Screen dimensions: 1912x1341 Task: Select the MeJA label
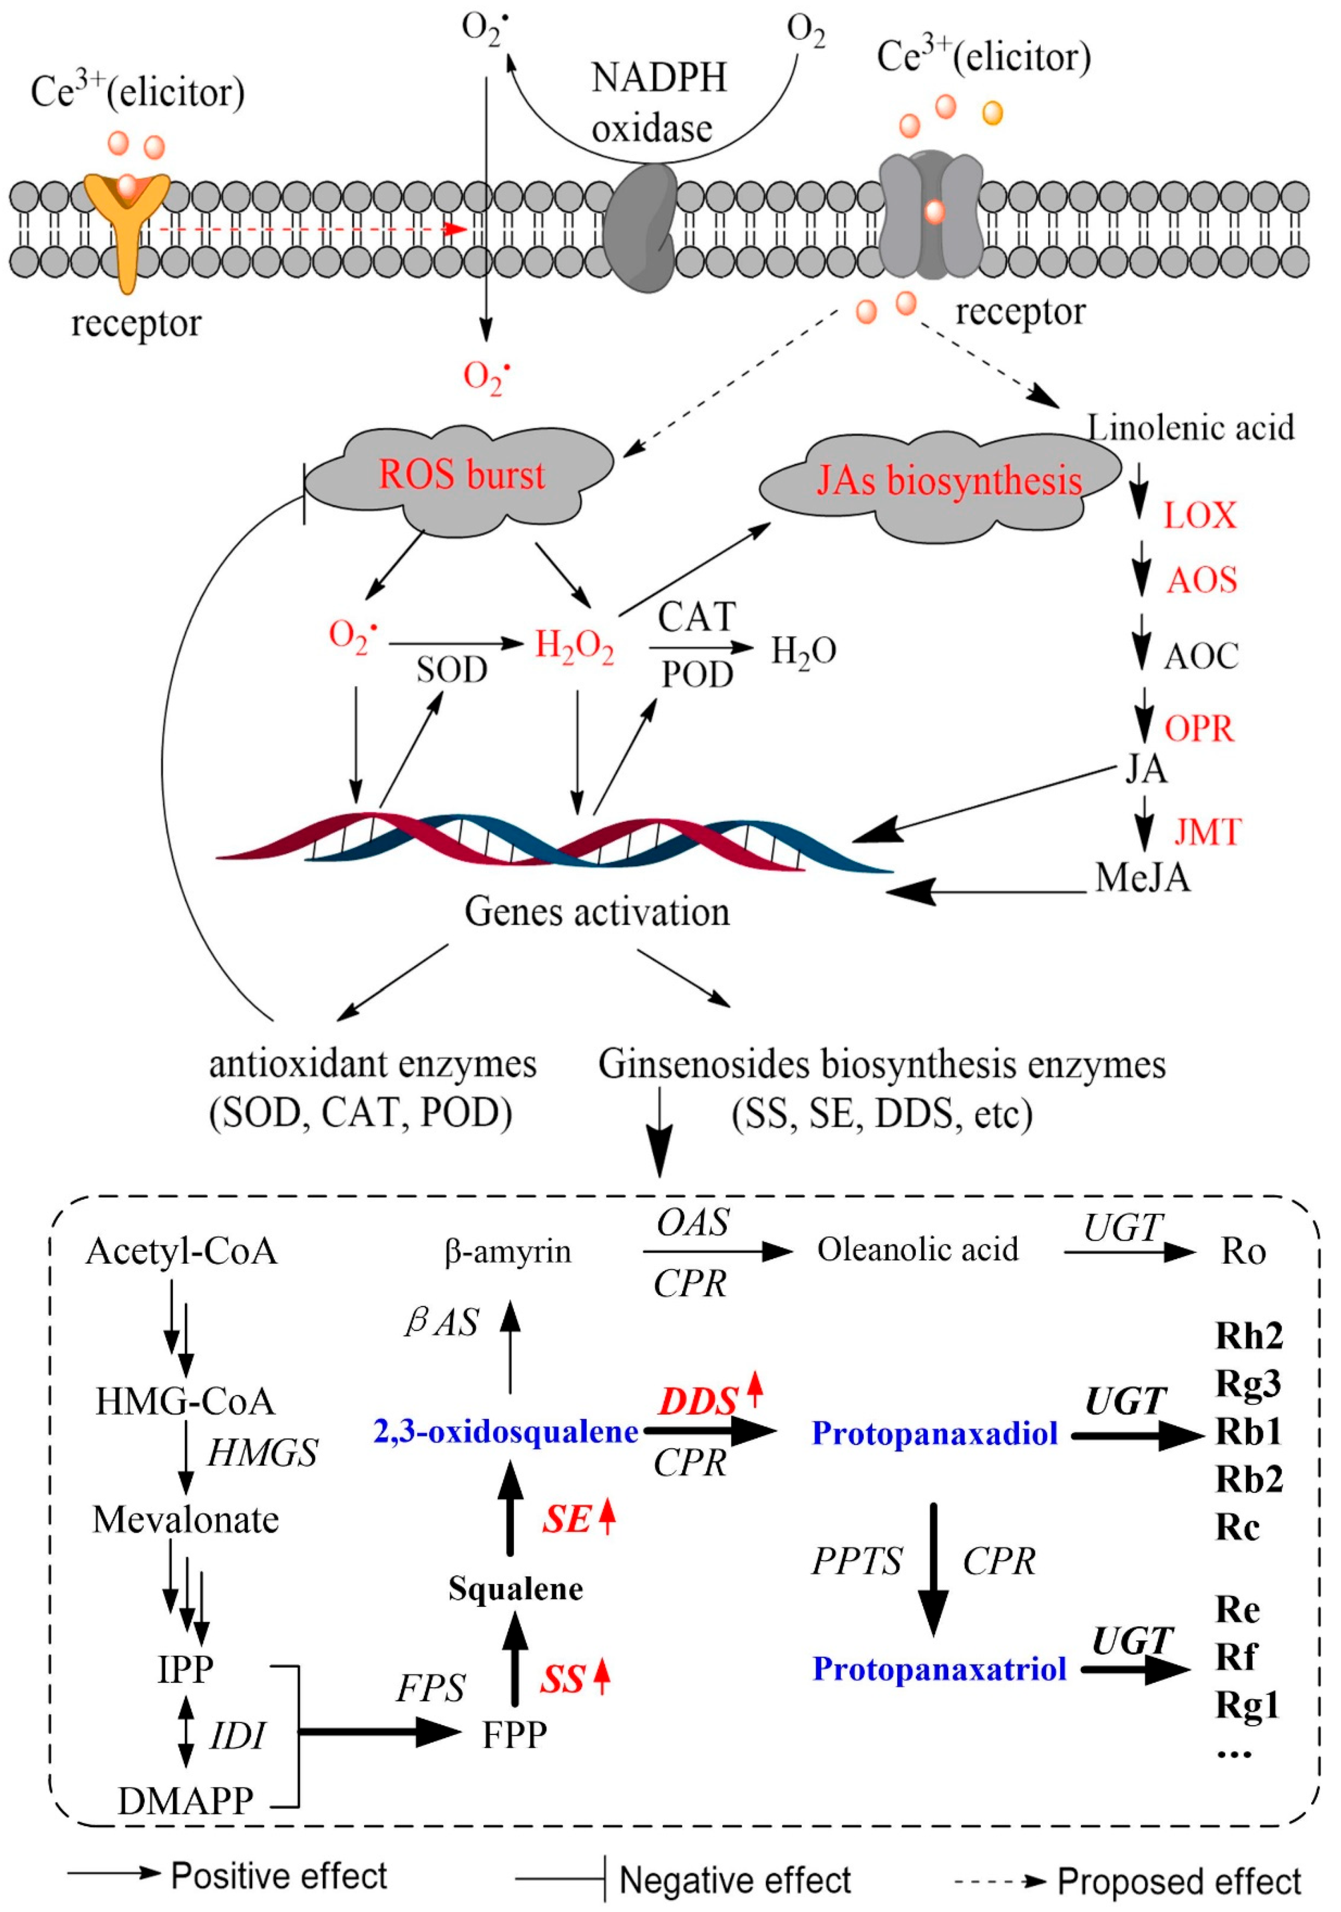tap(1142, 878)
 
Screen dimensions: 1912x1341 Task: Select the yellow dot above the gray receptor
tap(992, 112)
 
